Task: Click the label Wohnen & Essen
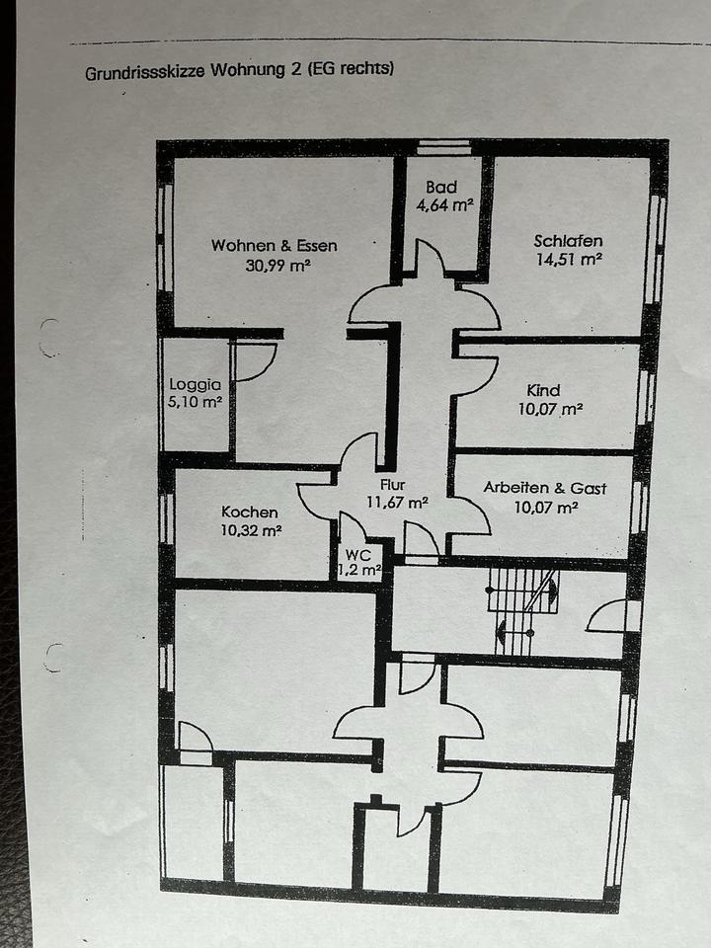click(274, 246)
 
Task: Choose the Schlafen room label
click(568, 240)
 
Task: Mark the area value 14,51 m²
click(568, 259)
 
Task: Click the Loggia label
click(195, 385)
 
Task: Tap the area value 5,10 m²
click(196, 403)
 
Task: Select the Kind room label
click(543, 391)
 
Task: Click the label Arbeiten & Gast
click(544, 488)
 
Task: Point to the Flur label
click(393, 485)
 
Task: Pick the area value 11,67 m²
click(397, 502)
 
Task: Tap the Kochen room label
click(249, 513)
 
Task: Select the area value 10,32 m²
click(252, 530)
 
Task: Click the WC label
click(358, 556)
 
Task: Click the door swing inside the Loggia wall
click(254, 362)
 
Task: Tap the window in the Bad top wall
click(443, 148)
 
